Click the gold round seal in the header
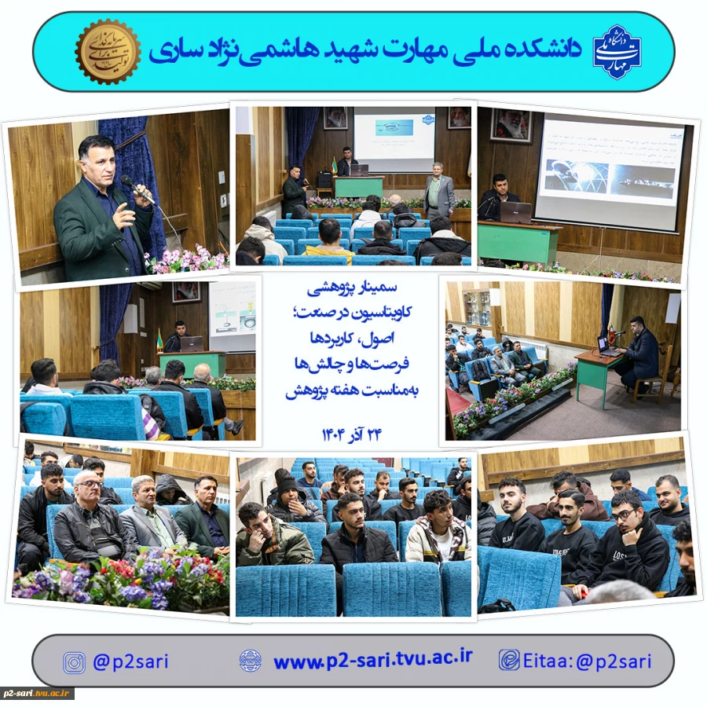108,52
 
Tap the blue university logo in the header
617,51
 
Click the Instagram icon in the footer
75,662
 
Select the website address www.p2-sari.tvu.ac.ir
372,660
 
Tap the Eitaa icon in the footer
509,660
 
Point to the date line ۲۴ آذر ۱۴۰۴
351,434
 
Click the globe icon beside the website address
250,660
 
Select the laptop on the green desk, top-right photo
515,212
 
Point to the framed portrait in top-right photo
511,126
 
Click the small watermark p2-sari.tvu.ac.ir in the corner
38,694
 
